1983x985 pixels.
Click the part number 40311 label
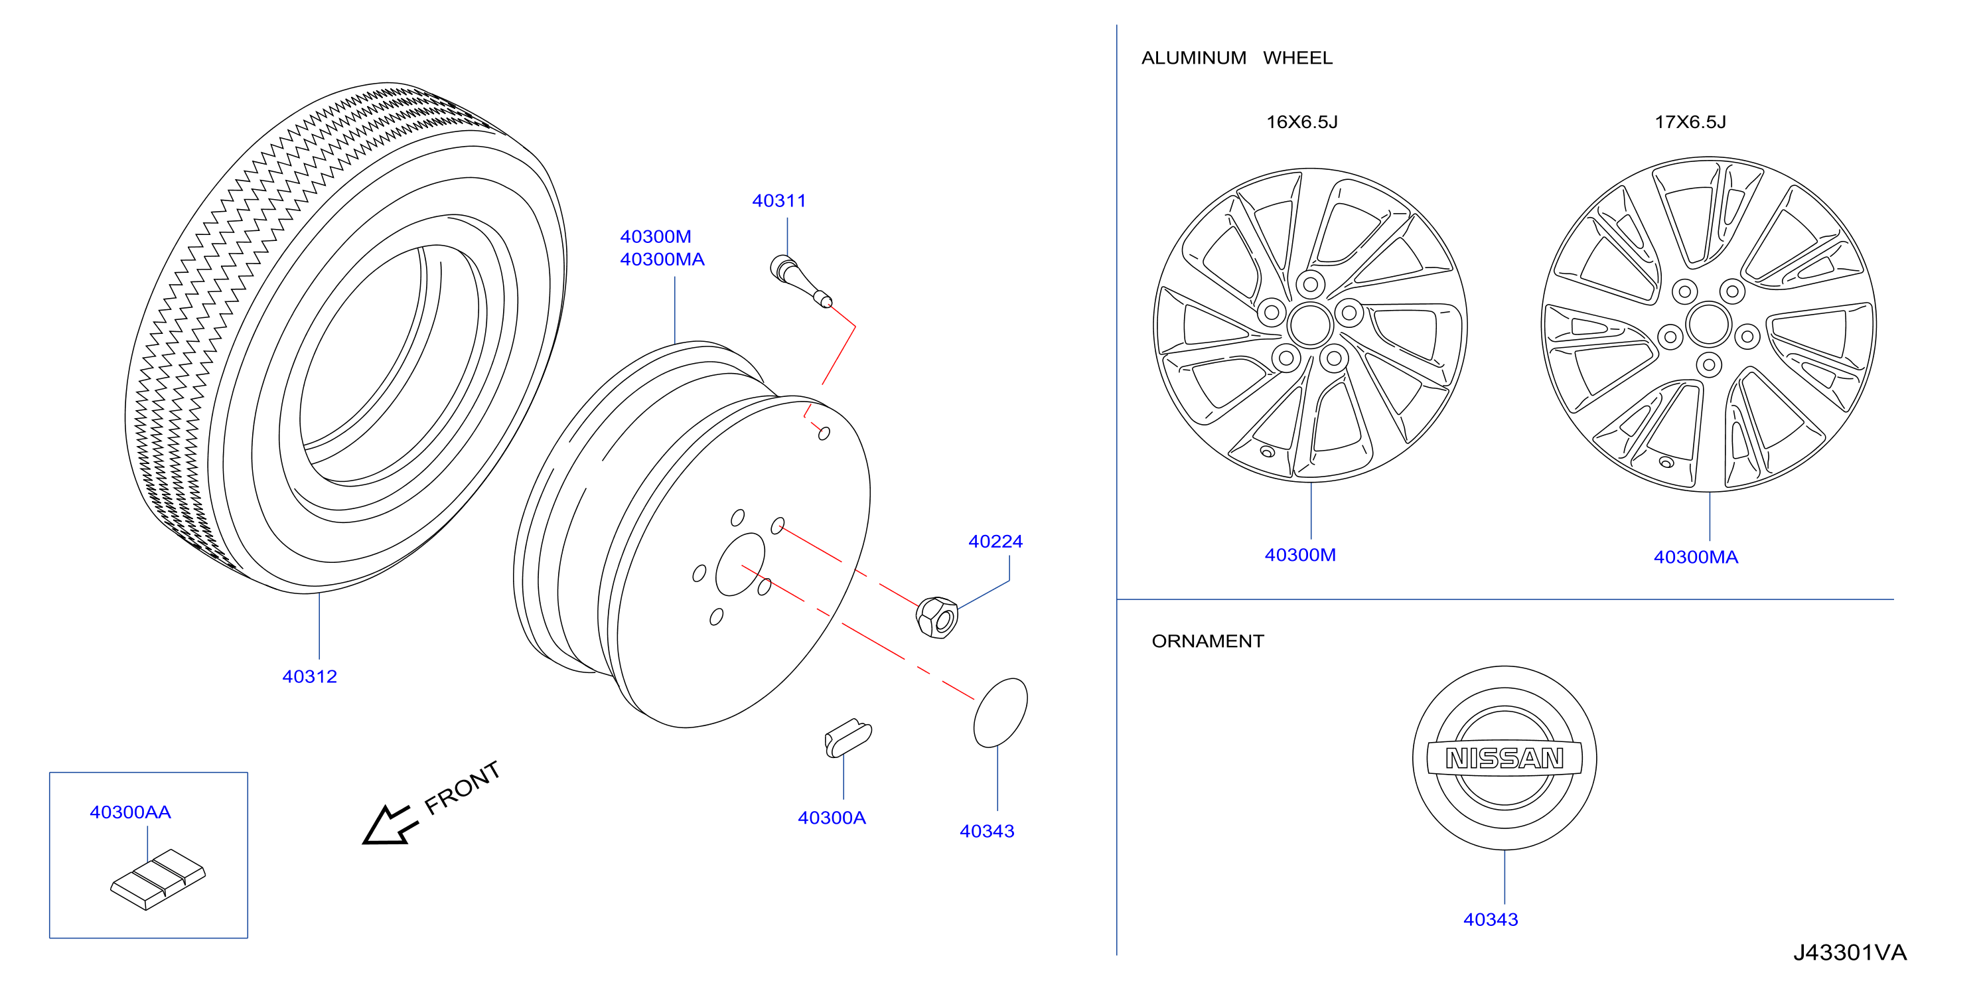click(778, 201)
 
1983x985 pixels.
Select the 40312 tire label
click(309, 677)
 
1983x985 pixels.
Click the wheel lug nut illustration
click(937, 617)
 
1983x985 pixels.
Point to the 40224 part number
click(995, 542)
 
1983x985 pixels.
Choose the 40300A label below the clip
click(832, 818)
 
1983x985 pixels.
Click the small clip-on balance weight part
click(847, 738)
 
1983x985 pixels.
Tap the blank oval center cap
click(1000, 713)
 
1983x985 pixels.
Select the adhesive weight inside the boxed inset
click(158, 879)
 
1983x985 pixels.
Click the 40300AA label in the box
click(130, 812)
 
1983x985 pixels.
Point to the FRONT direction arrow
click(390, 825)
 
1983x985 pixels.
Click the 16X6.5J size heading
click(1301, 122)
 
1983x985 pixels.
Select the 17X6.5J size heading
click(1690, 122)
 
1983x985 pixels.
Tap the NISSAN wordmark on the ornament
click(1505, 759)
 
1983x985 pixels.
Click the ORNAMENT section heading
click(1207, 642)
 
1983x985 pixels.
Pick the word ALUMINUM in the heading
click(1193, 58)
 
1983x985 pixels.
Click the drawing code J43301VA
click(1849, 953)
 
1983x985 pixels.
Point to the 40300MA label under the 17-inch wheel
click(1695, 558)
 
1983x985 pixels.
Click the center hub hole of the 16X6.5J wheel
click(1310, 325)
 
